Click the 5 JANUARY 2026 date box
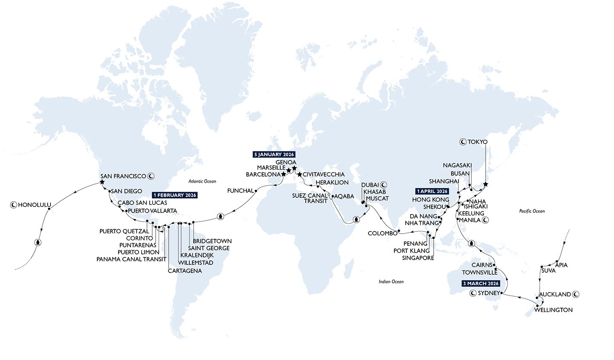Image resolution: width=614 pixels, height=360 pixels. coord(274,154)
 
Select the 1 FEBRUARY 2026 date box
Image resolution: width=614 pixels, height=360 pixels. coord(174,195)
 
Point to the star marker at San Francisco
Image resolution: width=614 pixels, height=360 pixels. coord(102,183)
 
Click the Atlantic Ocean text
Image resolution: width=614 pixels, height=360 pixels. coord(202,181)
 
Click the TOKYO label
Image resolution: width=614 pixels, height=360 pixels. coord(477,141)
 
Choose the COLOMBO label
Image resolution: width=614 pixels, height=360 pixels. coord(382,233)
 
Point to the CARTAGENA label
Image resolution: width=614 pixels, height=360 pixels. coord(185,271)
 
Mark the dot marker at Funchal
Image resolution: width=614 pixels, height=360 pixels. coord(256,190)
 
